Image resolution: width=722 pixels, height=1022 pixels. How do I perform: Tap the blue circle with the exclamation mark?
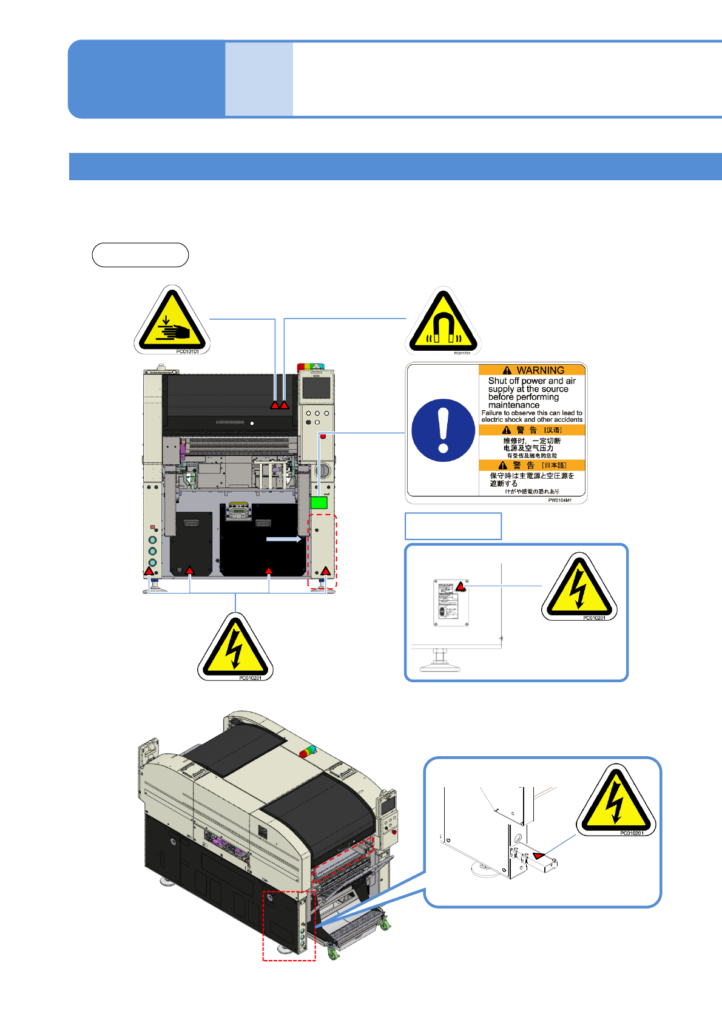[x=443, y=430]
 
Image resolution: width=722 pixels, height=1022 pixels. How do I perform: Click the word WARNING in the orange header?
[x=540, y=370]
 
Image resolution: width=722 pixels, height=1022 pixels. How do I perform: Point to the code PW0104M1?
[x=559, y=501]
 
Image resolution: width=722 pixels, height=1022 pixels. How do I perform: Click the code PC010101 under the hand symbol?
[x=187, y=351]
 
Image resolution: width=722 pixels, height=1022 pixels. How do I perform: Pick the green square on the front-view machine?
[x=319, y=503]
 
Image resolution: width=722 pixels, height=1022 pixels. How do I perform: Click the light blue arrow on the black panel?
[x=284, y=539]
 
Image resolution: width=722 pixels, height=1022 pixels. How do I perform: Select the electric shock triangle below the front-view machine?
[x=235, y=648]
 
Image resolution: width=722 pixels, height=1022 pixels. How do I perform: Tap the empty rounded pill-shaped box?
[x=140, y=255]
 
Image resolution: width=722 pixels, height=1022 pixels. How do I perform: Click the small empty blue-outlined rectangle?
[x=453, y=526]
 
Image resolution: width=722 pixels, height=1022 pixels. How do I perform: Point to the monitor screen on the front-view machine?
[x=316, y=387]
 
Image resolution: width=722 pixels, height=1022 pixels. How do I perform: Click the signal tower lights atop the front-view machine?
[x=310, y=367]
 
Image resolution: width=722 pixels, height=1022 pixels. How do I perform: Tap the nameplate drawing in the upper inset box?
[x=451, y=603]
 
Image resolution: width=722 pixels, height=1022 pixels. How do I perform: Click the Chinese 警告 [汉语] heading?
[x=532, y=430]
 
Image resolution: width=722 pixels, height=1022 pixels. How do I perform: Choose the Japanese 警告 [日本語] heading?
[x=532, y=465]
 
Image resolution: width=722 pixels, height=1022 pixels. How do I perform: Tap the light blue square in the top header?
[x=259, y=79]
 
